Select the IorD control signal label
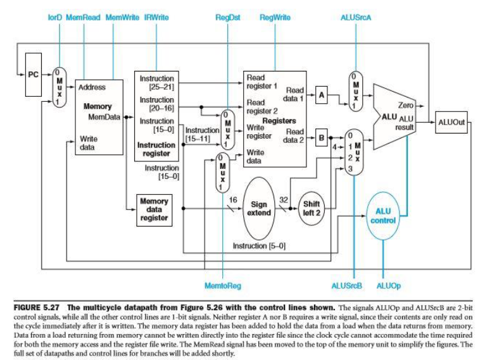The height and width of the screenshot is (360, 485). (x=55, y=17)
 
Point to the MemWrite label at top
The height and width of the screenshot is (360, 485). (x=121, y=17)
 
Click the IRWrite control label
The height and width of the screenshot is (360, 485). (x=156, y=17)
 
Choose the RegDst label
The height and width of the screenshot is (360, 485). (x=227, y=17)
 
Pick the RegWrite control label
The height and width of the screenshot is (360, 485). (x=275, y=17)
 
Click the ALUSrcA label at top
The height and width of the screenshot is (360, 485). (x=355, y=17)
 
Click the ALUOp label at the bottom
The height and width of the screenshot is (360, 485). (x=388, y=286)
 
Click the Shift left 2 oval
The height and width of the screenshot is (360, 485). (x=311, y=208)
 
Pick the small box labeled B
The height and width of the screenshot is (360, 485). (x=322, y=135)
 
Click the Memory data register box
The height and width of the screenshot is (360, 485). (x=154, y=209)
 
